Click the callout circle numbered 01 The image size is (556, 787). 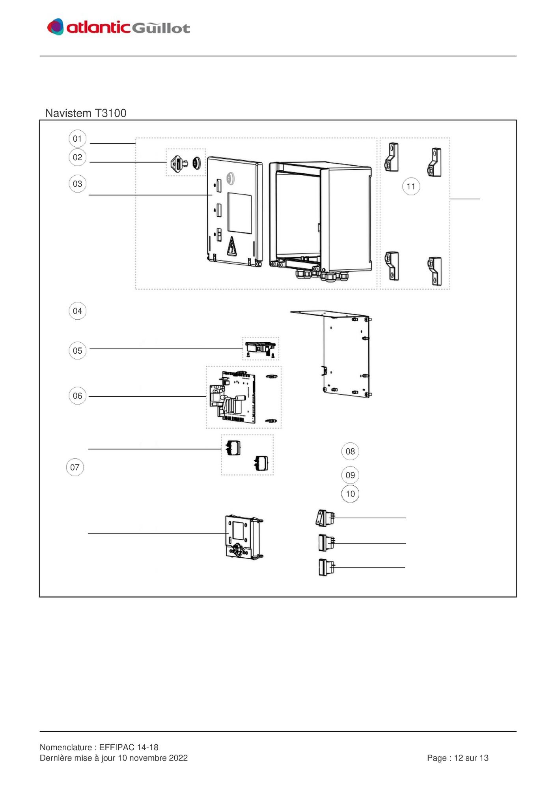[77, 139]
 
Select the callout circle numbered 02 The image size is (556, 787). [77, 157]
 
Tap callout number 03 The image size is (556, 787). [77, 184]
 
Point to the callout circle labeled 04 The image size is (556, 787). [77, 311]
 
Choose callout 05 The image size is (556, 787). [77, 350]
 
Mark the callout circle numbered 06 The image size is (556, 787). [77, 395]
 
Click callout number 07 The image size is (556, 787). [75, 467]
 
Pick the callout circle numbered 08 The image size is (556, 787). [350, 451]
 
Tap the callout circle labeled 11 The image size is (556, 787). [411, 186]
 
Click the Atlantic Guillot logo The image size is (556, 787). [118, 27]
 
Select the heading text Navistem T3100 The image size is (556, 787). [86, 113]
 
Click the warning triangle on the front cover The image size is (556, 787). [231, 246]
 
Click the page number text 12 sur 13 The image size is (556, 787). [471, 758]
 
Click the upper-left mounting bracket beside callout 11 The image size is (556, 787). [391, 157]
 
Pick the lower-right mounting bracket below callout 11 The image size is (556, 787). [435, 271]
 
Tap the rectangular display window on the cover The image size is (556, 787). [240, 213]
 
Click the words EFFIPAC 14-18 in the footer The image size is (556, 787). [129, 747]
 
